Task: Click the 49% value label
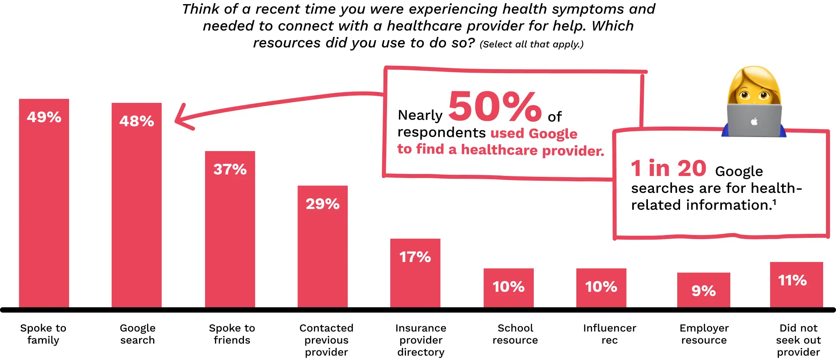(44, 117)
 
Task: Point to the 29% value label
(322, 204)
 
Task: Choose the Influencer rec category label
(609, 334)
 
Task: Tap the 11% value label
(792, 280)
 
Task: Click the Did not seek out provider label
(798, 340)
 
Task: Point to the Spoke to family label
(43, 334)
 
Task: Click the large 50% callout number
(495, 106)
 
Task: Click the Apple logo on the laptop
(754, 121)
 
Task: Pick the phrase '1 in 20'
(668, 168)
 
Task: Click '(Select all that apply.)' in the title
(531, 44)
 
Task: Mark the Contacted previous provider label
(326, 340)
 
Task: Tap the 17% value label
(415, 257)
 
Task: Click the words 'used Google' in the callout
(534, 133)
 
